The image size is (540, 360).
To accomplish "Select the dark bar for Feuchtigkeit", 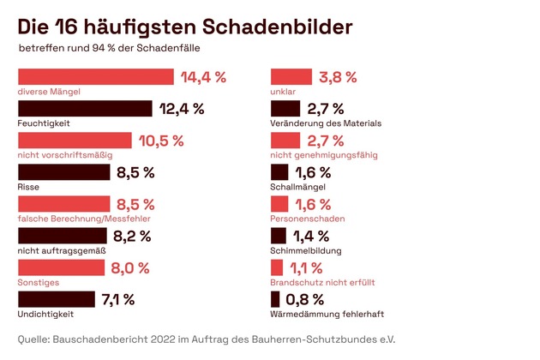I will (x=85, y=109).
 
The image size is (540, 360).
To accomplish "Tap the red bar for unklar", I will (x=291, y=77).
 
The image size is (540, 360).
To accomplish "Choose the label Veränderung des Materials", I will (x=326, y=123).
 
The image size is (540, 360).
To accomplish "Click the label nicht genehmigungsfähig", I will (x=323, y=155).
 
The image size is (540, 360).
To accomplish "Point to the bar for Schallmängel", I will (x=279, y=172).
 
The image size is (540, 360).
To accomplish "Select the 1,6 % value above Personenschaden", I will (x=313, y=204).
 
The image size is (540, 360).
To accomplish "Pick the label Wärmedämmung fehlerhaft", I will (x=327, y=314).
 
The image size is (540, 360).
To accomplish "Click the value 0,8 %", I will (x=306, y=299).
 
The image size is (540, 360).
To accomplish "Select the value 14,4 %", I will (x=203, y=77).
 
